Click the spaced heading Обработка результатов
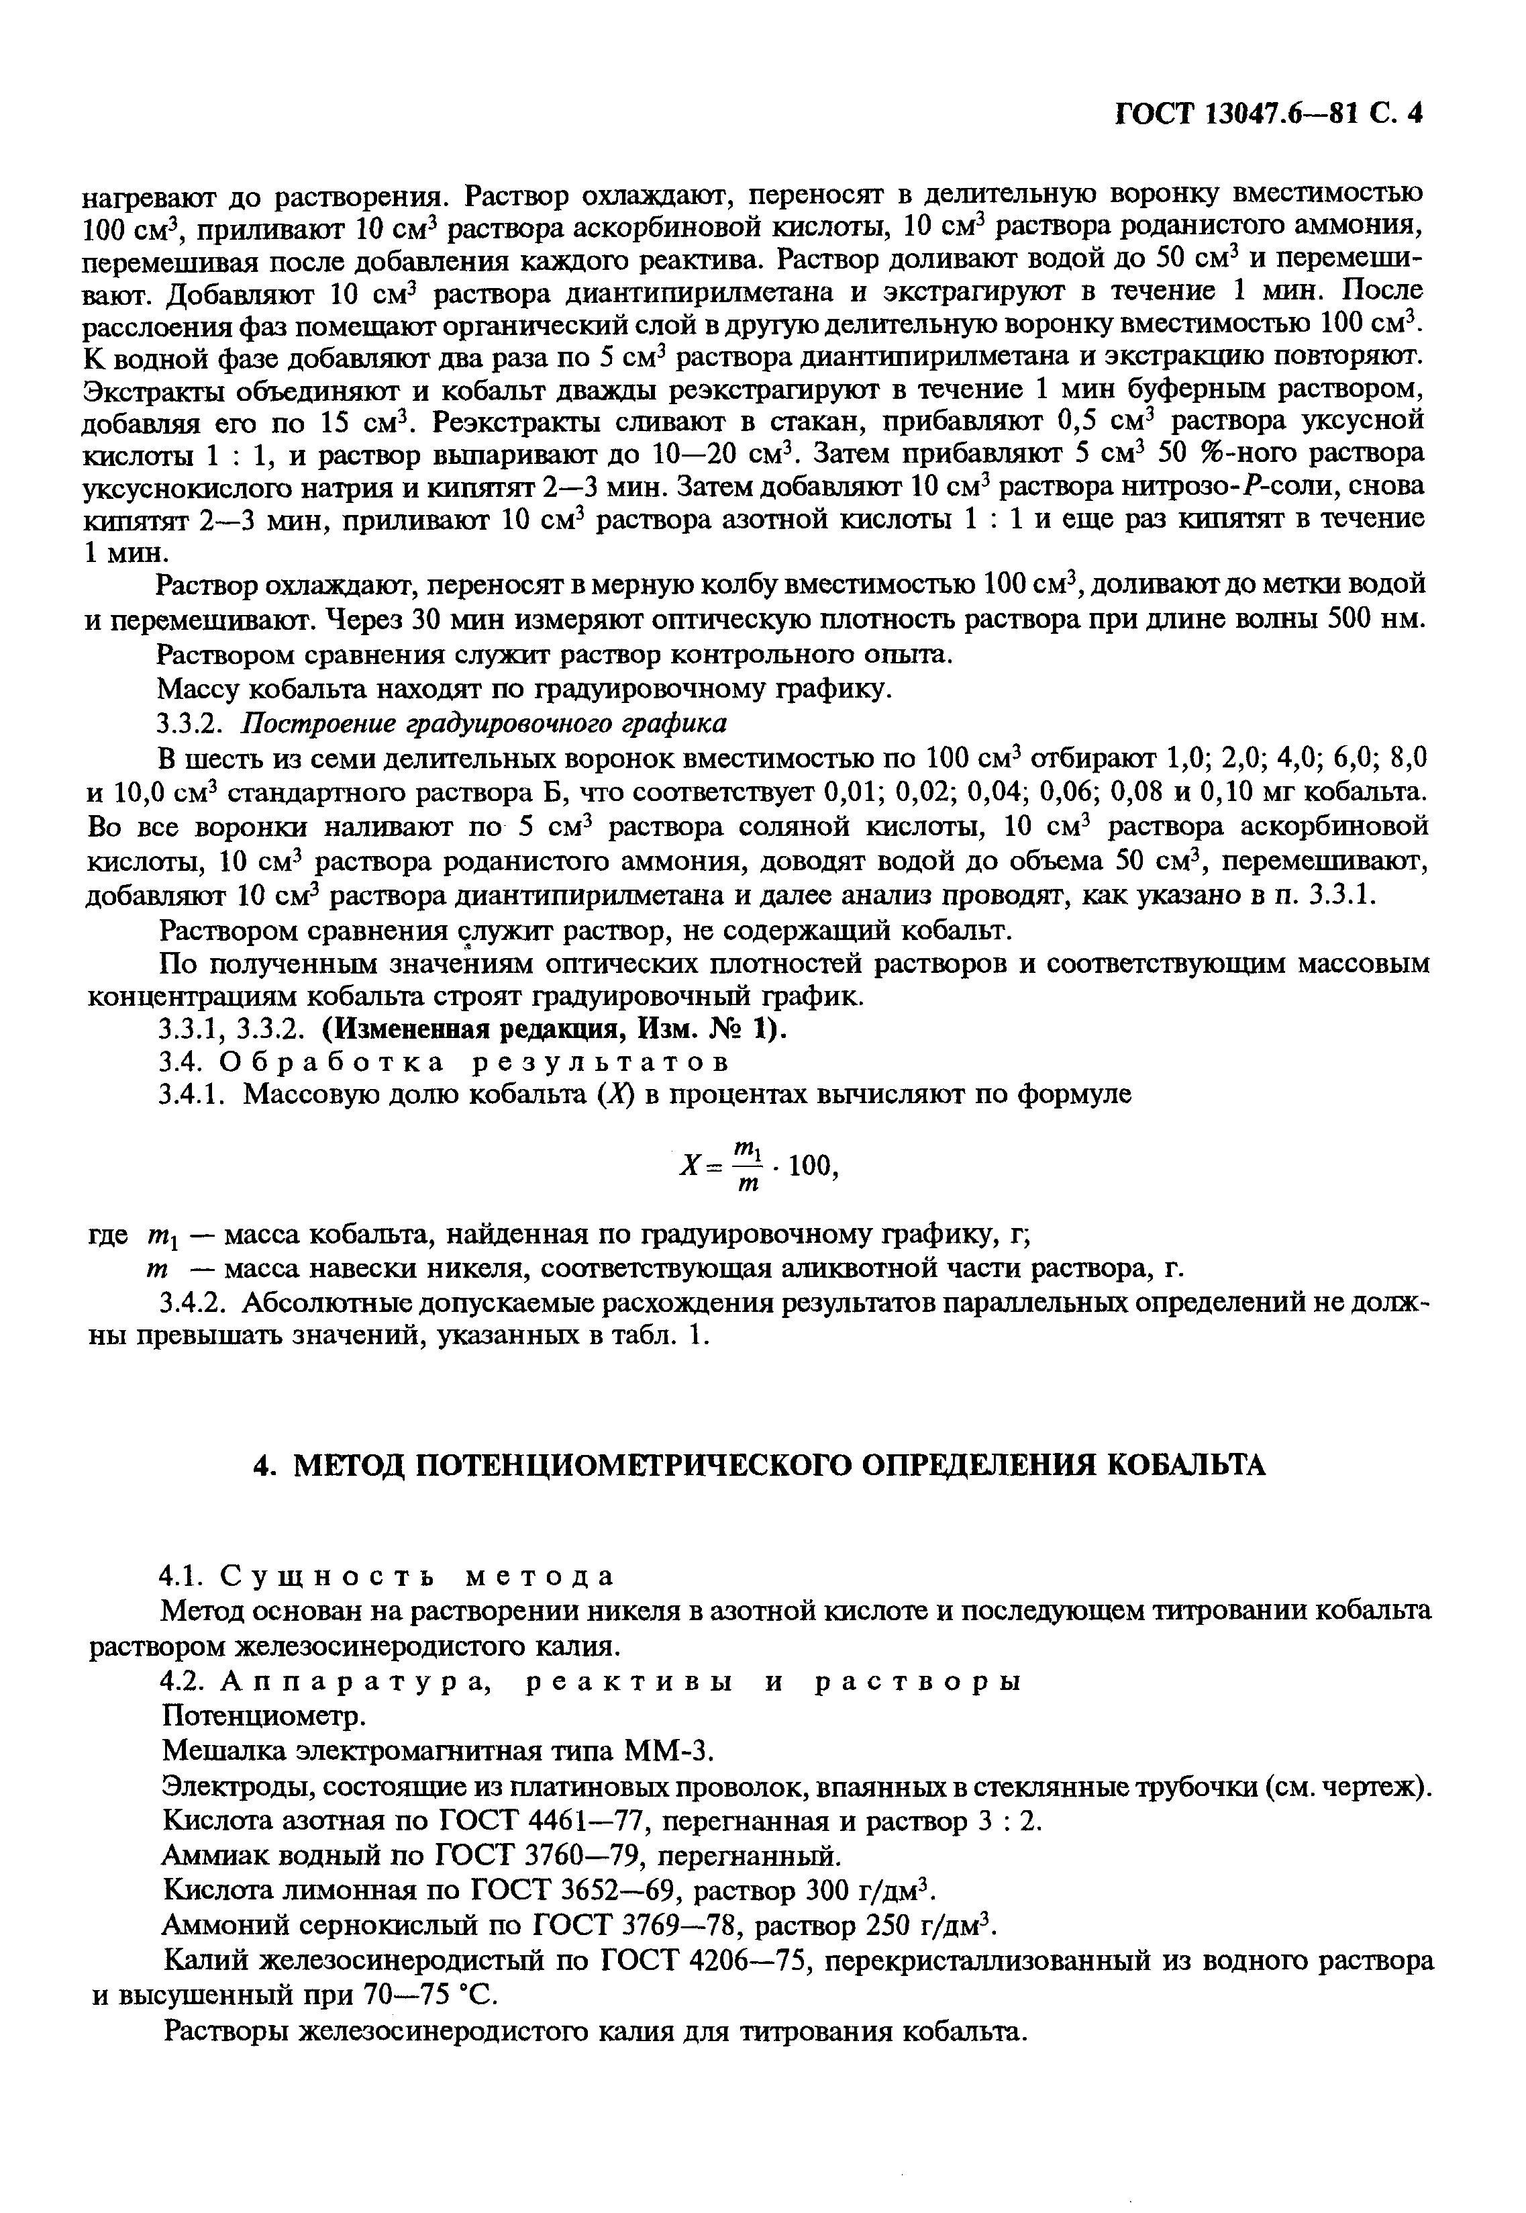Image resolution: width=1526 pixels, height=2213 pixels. tap(475, 1062)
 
